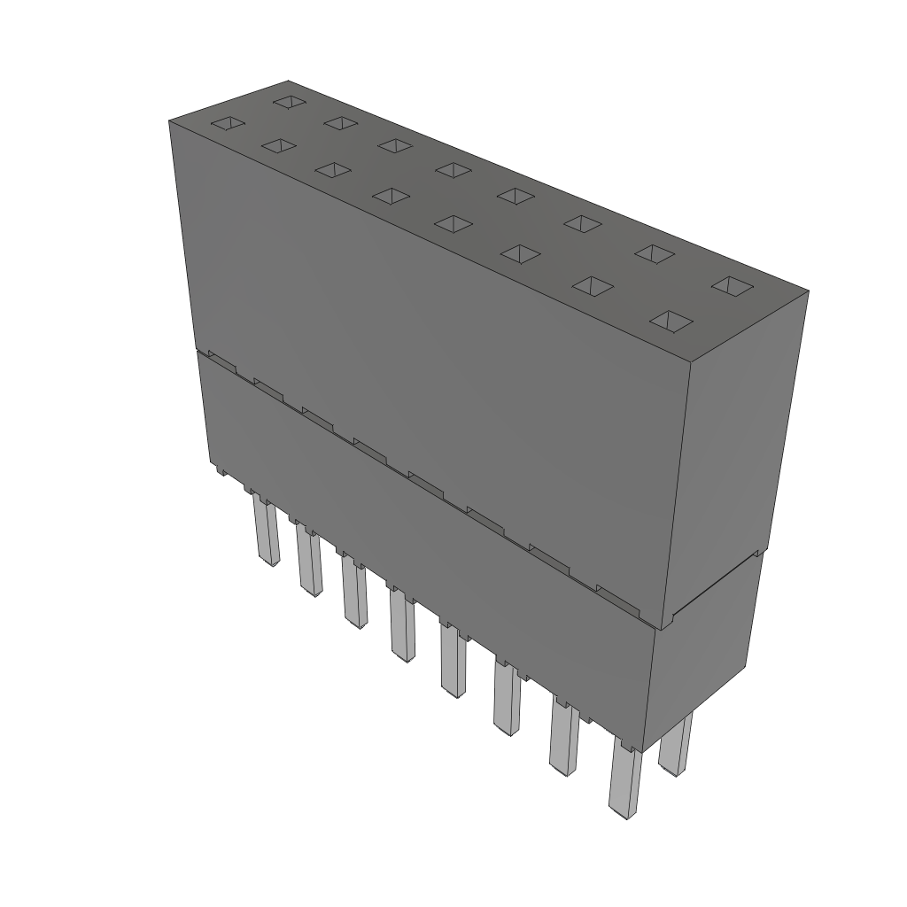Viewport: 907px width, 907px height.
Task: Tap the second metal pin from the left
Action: [309, 562]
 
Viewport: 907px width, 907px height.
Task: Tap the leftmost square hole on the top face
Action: [226, 124]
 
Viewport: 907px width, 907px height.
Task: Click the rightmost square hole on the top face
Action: [732, 285]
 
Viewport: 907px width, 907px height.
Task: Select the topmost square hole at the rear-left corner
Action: [288, 102]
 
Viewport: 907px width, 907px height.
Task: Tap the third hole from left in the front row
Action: [333, 169]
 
